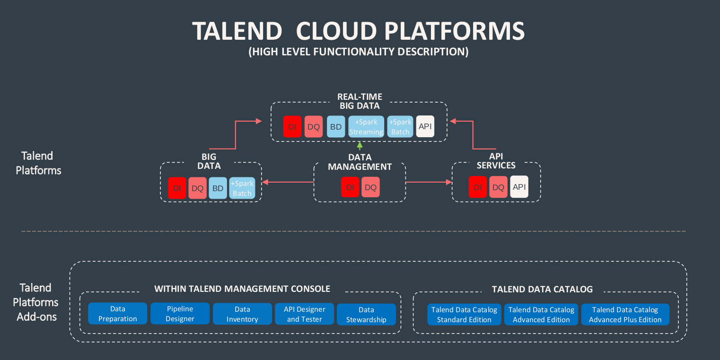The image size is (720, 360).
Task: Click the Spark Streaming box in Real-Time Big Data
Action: pos(366,127)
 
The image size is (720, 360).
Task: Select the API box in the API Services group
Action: pos(519,187)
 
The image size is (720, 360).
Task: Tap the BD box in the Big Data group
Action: pos(218,188)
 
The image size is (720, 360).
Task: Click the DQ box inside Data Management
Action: pos(370,187)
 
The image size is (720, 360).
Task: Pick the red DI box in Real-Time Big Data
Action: pos(292,127)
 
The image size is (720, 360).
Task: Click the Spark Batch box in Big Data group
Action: pos(242,188)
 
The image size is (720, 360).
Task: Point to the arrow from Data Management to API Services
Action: pos(428,182)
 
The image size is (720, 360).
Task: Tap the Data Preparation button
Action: pos(117,314)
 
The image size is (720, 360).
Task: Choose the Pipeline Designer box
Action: pos(180,314)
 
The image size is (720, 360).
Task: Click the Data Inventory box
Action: pos(242,314)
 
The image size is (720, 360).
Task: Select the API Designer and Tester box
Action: pos(304,314)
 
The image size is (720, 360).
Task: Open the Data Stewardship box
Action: pos(366,315)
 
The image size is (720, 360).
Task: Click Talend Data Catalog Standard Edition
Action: pos(464,315)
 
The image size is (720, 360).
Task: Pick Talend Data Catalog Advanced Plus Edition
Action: pos(625,315)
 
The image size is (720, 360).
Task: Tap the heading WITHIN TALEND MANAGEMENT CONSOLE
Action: pos(242,289)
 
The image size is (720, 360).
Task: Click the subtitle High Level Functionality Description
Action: pos(359,52)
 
